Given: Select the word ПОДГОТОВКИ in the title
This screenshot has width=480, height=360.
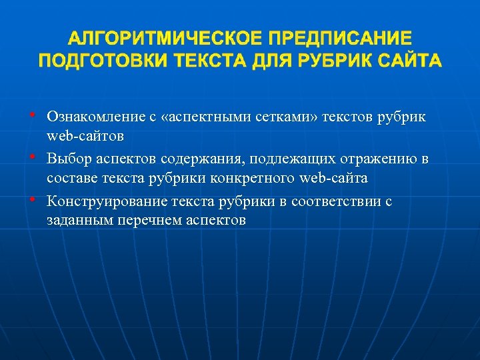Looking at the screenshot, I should tap(103, 61).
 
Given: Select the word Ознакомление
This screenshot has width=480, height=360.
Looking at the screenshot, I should tap(93, 117).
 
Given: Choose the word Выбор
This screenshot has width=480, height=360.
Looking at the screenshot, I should tap(67, 159).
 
